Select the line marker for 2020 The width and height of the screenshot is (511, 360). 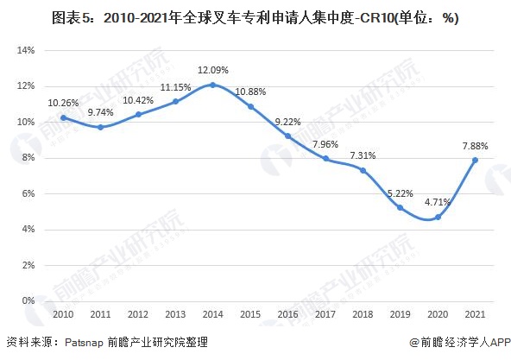click(438, 217)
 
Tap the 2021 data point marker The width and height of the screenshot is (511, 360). click(475, 160)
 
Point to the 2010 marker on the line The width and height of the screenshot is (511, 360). click(63, 117)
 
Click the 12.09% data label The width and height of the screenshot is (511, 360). click(213, 70)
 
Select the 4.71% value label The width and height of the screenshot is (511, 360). click(438, 202)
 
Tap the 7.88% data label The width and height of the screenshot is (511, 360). click(475, 145)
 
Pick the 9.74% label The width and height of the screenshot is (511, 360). click(101, 112)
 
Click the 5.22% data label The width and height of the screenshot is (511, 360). click(400, 193)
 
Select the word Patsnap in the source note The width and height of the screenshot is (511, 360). click(84, 344)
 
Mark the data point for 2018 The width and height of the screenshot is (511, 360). click(363, 170)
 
